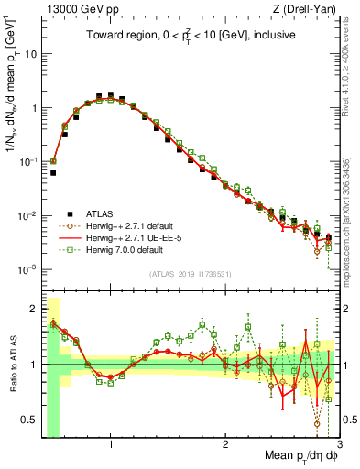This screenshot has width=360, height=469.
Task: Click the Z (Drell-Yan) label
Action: (x=307, y=10)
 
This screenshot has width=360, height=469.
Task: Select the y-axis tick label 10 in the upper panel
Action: (x=30, y=54)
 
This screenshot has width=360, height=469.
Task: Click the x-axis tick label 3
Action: (x=339, y=446)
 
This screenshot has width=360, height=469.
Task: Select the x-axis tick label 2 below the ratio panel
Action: (x=225, y=446)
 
